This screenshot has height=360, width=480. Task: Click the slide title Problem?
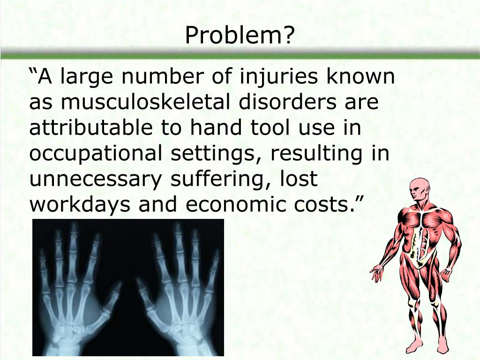[240, 36]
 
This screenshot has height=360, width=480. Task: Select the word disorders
[293, 103]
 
